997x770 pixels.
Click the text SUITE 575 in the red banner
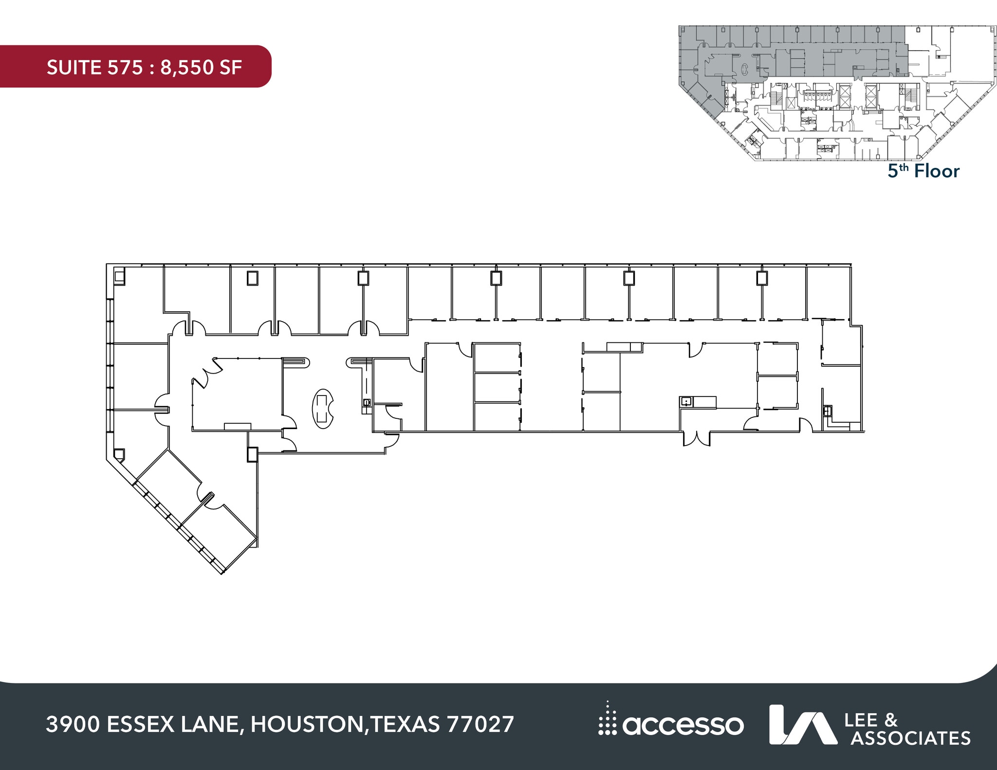[x=95, y=68]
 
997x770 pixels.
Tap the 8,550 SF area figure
[x=201, y=68]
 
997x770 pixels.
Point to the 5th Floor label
[x=923, y=171]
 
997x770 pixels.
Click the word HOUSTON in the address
[x=307, y=724]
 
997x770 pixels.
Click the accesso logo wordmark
[x=683, y=726]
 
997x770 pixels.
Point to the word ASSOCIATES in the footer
[x=910, y=738]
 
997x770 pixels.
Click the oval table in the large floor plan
[x=322, y=409]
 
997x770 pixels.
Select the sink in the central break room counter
[x=686, y=402]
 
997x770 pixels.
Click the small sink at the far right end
[x=827, y=411]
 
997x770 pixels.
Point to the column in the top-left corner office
[x=119, y=277]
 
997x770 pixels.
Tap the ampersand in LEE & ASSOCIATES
[x=890, y=720]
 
